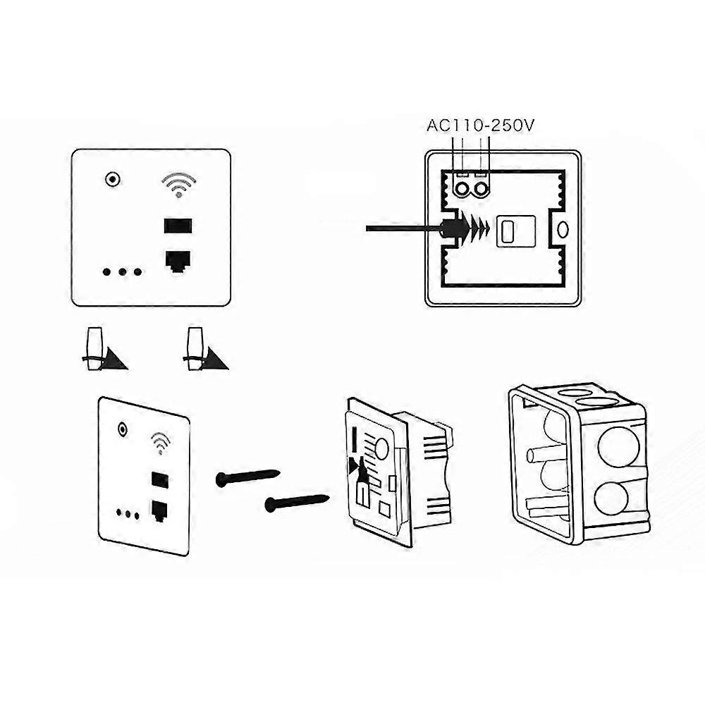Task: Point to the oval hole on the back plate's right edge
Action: coord(563,229)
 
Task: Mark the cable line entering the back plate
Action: coord(402,228)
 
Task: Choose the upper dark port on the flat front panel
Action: coord(177,227)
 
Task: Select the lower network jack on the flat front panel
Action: coord(177,261)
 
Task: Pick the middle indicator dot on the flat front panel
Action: coord(122,271)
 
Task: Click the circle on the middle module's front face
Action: coord(381,448)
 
